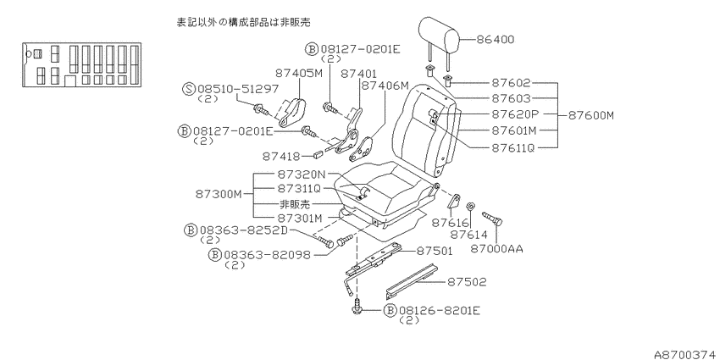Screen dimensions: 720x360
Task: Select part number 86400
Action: pos(495,40)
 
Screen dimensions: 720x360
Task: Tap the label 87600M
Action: pos(591,115)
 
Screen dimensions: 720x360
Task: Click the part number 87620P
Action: pos(514,114)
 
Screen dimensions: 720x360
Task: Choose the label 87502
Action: pos(467,281)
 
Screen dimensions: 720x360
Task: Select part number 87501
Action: pos(434,251)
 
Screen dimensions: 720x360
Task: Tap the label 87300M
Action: pos(219,194)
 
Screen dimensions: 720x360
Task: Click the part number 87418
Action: pos(281,157)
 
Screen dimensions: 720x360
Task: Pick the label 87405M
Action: pos(298,73)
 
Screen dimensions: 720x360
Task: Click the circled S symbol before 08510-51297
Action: pos(189,89)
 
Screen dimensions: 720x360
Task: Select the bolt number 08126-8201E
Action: pos(439,310)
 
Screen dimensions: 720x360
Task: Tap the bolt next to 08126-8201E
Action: pos(357,308)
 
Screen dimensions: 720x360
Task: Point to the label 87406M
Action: pos(385,86)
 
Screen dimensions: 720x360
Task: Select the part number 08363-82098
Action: pos(267,255)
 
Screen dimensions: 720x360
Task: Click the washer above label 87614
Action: pos(470,206)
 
